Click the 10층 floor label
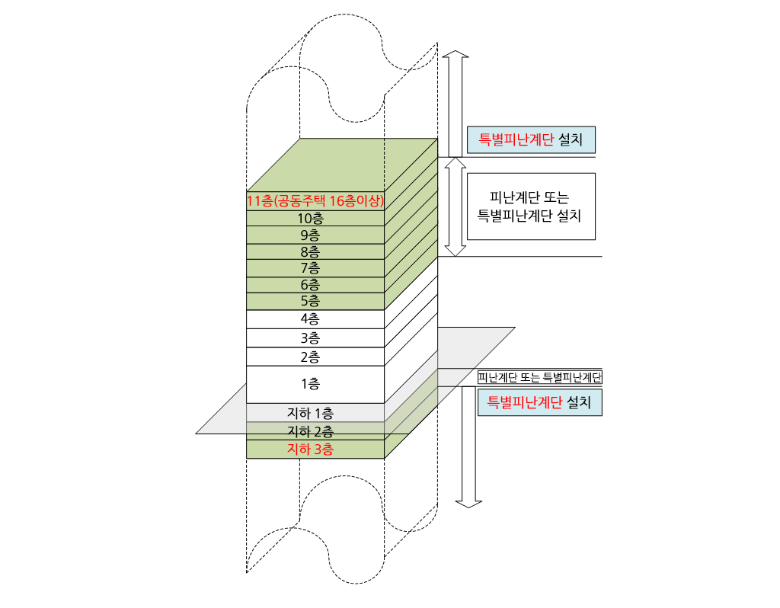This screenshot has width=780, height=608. point(310,218)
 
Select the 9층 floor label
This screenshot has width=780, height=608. point(310,235)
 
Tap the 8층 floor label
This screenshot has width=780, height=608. point(310,251)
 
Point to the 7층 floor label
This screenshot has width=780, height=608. point(310,267)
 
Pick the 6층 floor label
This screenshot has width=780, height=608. point(310,284)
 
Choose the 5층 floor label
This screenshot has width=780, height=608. point(310,301)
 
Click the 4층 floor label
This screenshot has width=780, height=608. point(310,319)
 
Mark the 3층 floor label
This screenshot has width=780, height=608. point(310,338)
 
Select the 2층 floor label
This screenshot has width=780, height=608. point(310,357)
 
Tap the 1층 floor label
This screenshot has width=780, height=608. point(310,384)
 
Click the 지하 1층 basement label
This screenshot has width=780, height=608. point(310,413)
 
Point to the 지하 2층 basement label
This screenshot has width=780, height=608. point(310,432)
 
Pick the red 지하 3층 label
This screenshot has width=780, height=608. point(310,450)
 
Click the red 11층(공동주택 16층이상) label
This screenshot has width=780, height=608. point(315,201)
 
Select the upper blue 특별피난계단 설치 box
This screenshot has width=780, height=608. point(530,140)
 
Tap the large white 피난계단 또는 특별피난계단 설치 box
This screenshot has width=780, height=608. point(530,206)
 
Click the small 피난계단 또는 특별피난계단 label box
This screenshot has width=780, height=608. point(540,377)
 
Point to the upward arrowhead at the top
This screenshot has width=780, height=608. point(456,57)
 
